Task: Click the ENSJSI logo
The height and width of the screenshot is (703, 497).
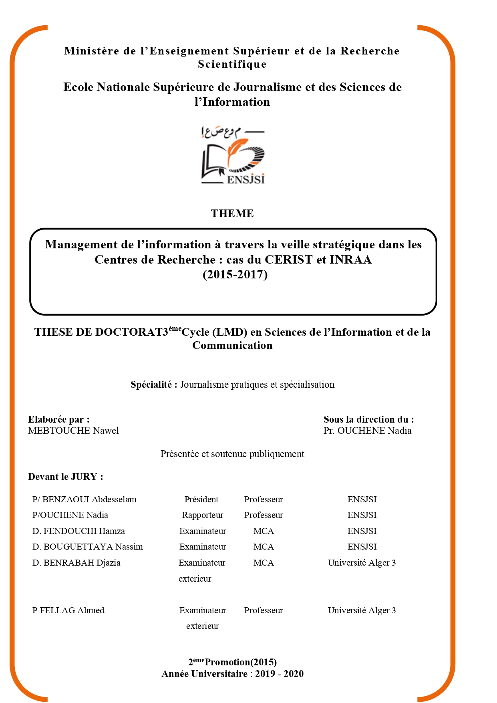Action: pos(233,155)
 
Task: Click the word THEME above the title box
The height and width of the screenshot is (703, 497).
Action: pos(232,214)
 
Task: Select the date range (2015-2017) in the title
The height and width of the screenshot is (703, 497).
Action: pos(235,275)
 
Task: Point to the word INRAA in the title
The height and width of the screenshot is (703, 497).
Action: pos(350,260)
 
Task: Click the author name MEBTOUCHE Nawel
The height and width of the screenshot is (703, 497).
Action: pos(73,431)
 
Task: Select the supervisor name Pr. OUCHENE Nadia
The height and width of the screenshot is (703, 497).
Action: pos(367,431)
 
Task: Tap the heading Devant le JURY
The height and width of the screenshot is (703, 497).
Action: pos(66,477)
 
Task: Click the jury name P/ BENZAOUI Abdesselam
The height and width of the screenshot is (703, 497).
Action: pos(85,500)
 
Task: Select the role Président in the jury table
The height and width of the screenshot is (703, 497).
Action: pos(201,500)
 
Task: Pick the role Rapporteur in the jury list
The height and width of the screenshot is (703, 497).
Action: pos(203,515)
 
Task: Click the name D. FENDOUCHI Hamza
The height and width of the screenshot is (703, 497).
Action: pos(78,531)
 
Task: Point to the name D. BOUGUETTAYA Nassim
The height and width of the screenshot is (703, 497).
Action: pos(88,547)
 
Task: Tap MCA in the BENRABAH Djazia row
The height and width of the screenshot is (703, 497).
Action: pos(264,563)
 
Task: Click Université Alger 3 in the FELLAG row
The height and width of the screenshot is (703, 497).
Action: pos(362,610)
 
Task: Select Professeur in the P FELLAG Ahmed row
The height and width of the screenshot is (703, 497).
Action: pos(264,610)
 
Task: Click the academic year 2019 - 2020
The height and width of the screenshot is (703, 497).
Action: pos(279,674)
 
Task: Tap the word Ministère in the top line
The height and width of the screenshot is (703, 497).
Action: pos(92,51)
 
